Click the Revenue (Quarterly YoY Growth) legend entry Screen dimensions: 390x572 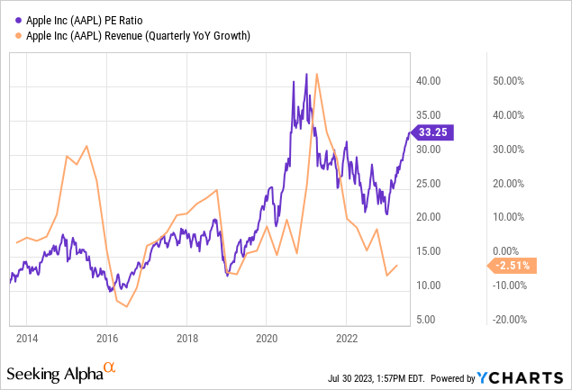(x=134, y=34)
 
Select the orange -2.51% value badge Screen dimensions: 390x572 (x=513, y=265)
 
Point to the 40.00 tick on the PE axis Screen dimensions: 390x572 (x=428, y=80)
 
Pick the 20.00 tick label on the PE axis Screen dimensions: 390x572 (x=428, y=217)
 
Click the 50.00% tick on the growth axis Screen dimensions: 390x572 (x=511, y=80)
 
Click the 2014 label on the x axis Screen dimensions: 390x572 (x=26, y=338)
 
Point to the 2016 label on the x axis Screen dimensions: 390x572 (x=106, y=338)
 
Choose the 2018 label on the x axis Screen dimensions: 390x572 (x=186, y=338)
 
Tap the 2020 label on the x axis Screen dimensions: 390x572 (x=266, y=338)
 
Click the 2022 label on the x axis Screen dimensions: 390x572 (x=346, y=338)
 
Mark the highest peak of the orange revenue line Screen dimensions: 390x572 (x=316, y=74)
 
